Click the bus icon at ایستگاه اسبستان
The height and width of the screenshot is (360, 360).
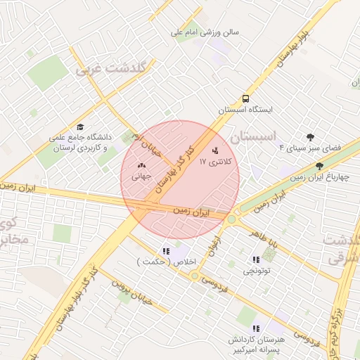(245, 98)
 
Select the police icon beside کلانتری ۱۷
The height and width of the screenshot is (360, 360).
(215, 150)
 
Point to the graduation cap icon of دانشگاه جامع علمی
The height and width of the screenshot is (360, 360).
(80, 127)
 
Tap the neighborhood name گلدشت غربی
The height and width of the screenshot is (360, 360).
(110, 69)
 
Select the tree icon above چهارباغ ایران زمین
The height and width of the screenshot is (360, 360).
(319, 166)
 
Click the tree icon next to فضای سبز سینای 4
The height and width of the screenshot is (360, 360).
(310, 136)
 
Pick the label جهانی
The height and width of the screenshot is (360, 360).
(141, 177)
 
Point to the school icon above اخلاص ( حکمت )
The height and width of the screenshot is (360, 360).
(166, 250)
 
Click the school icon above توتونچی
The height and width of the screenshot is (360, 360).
(255, 259)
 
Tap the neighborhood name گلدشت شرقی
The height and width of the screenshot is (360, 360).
(342, 250)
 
